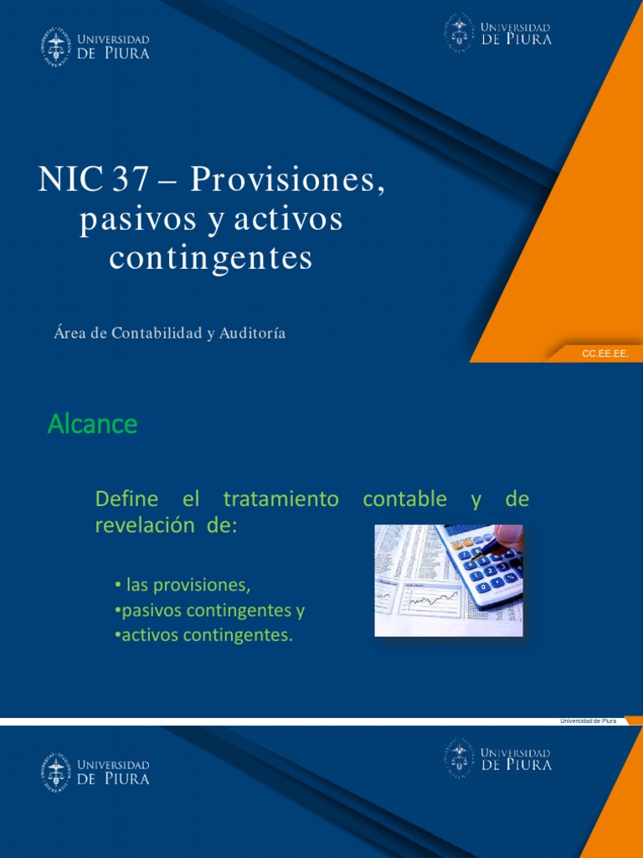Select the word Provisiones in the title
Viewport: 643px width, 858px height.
click(x=288, y=180)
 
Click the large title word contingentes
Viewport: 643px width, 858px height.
click(x=211, y=258)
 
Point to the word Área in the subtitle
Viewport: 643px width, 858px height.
click(x=69, y=333)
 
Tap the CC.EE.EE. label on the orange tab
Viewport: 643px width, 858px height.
click(x=604, y=354)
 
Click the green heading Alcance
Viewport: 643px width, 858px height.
click(x=92, y=425)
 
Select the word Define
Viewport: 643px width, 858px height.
click(x=126, y=499)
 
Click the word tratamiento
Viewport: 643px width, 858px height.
click(x=280, y=499)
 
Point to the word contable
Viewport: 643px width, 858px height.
click(x=404, y=499)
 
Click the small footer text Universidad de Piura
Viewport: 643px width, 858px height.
click(x=587, y=721)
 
